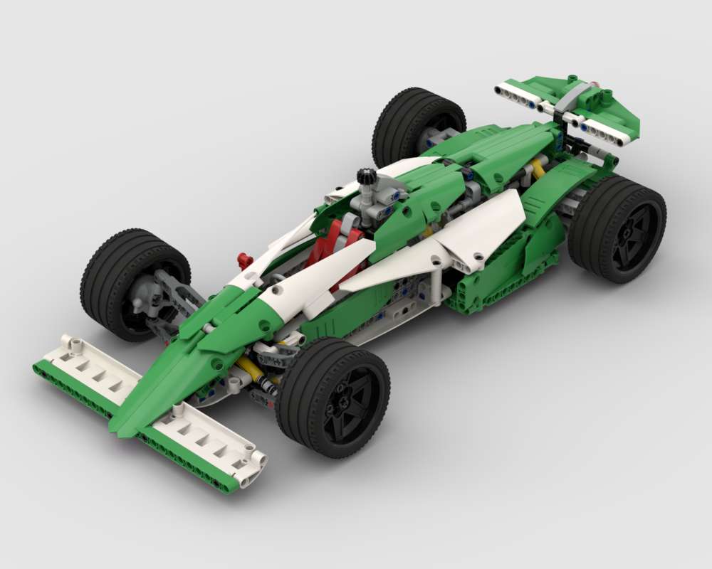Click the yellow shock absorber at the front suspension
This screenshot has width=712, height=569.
(x=248, y=368)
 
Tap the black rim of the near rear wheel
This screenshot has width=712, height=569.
(x=628, y=229)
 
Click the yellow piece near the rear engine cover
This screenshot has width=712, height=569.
(x=538, y=169)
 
